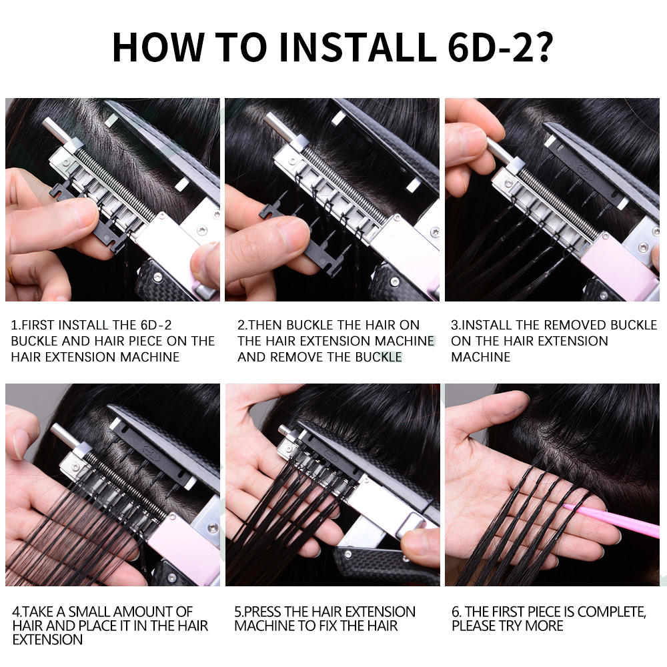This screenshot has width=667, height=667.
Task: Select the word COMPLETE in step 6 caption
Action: tap(611, 612)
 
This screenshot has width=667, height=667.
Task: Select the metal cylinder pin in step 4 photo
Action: tap(66, 436)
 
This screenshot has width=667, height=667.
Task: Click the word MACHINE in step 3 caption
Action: tap(481, 357)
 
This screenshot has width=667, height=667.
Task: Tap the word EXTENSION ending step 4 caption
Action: tap(47, 640)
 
